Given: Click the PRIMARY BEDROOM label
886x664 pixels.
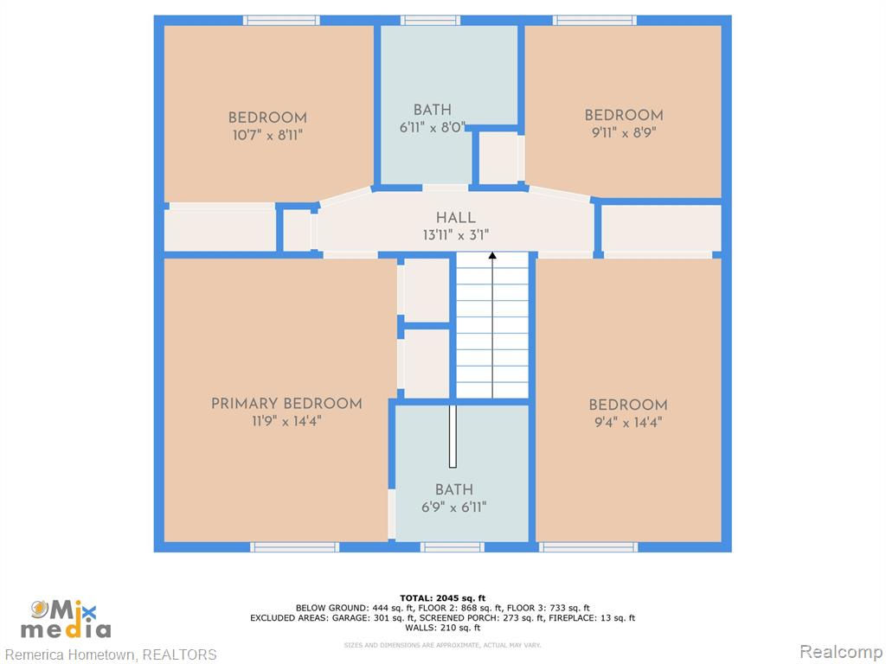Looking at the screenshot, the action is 286,404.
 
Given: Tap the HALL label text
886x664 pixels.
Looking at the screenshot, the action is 455,217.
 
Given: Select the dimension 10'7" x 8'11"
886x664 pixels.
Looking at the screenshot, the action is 268,135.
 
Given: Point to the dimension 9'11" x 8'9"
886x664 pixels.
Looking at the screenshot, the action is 624,132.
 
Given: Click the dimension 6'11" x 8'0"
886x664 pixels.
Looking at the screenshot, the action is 433,127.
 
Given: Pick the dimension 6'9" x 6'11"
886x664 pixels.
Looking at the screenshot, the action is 453,507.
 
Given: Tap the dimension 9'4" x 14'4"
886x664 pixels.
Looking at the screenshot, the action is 628,422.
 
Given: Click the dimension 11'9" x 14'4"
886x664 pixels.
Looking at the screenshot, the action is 286,421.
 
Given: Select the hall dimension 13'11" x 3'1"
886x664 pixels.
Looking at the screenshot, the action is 455,234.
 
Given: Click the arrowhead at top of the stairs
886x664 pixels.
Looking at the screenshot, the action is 492,256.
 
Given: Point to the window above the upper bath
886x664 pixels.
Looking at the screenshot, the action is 431,21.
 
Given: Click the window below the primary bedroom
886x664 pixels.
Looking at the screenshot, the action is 294,547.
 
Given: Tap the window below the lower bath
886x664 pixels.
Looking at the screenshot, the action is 452,547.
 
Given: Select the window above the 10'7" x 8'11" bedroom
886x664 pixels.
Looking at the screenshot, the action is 281,21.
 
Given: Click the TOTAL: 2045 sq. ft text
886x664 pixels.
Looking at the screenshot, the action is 442,598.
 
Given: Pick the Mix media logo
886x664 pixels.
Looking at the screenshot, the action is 66,619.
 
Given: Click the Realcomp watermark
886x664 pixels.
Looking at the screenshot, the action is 841,652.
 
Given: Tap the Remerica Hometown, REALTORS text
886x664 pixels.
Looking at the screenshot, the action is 111,654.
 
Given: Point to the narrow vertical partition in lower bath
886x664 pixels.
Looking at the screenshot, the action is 453,436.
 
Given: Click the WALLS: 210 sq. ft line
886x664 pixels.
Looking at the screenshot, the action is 442,628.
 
